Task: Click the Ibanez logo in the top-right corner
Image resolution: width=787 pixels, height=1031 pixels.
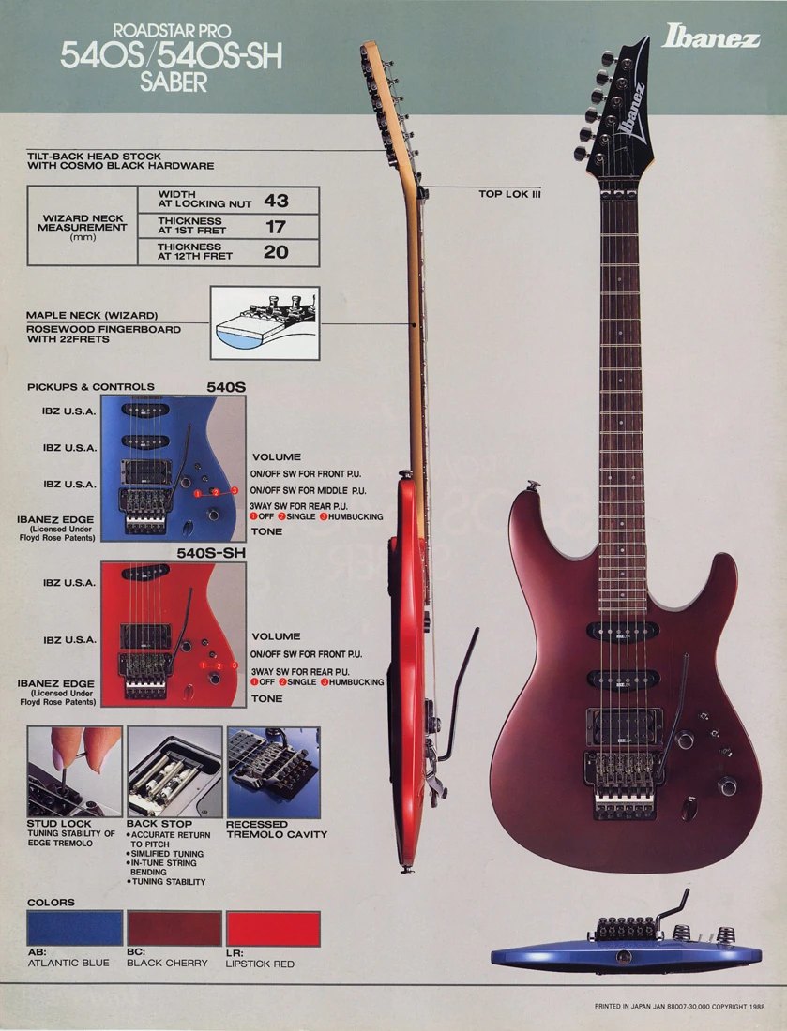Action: (710, 36)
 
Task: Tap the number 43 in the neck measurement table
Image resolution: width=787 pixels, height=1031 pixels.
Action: (276, 201)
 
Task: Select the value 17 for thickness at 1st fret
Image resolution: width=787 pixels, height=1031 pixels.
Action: (276, 227)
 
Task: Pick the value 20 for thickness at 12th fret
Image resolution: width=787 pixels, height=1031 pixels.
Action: (276, 252)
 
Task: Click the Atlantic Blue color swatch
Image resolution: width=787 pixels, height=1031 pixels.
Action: (74, 929)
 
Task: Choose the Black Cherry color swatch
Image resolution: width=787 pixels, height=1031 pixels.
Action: (174, 929)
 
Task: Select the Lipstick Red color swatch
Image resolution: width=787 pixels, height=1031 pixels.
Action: (273, 929)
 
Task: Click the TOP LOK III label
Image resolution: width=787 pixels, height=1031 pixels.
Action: (509, 194)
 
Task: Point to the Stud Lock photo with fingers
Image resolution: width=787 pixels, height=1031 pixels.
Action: (74, 772)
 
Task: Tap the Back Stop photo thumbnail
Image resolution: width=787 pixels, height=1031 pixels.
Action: (174, 772)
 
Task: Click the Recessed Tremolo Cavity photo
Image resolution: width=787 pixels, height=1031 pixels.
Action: (274, 772)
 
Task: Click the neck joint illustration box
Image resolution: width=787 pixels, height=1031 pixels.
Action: (265, 322)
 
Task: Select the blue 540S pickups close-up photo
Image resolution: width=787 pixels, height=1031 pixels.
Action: (173, 468)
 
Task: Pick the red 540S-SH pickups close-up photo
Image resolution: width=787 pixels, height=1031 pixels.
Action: (173, 634)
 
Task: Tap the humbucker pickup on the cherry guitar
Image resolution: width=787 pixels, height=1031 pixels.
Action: (623, 727)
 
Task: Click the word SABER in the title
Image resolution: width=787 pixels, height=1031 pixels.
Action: (173, 82)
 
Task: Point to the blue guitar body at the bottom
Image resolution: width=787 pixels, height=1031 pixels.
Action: (626, 955)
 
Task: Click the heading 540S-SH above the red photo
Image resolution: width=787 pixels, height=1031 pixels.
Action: (210, 553)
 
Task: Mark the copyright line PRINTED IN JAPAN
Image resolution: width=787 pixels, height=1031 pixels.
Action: (679, 1006)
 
